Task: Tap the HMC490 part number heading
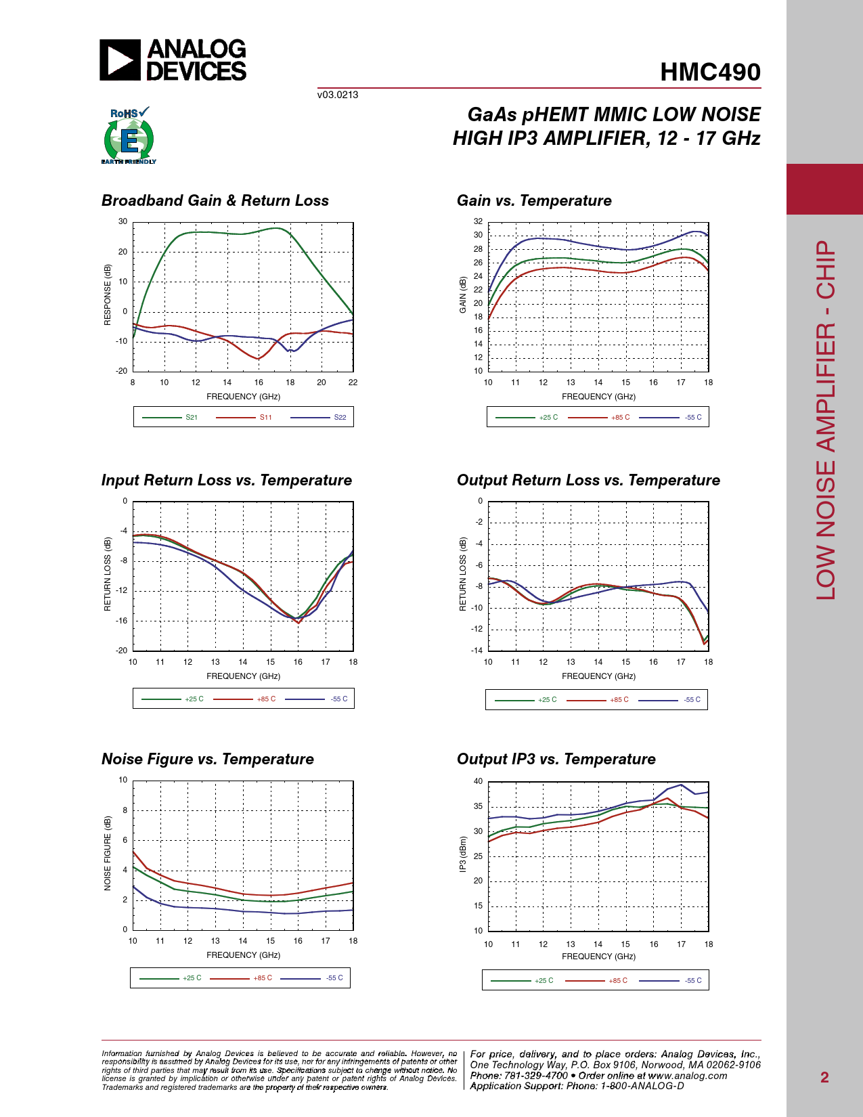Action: tap(710, 72)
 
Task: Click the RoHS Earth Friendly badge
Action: tap(129, 136)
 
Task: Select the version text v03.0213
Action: tap(338, 95)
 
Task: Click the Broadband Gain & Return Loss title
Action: tap(215, 200)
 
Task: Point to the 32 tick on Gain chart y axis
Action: tap(479, 221)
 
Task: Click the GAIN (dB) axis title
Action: tap(463, 294)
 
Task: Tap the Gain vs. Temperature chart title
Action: tap(534, 200)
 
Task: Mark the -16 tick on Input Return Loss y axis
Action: tap(122, 621)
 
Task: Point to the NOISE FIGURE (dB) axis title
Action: tap(108, 854)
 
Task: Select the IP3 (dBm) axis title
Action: tap(463, 854)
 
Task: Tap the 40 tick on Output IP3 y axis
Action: tap(479, 781)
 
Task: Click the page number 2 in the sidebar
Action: tap(824, 1077)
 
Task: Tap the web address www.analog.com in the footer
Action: tap(688, 1076)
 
